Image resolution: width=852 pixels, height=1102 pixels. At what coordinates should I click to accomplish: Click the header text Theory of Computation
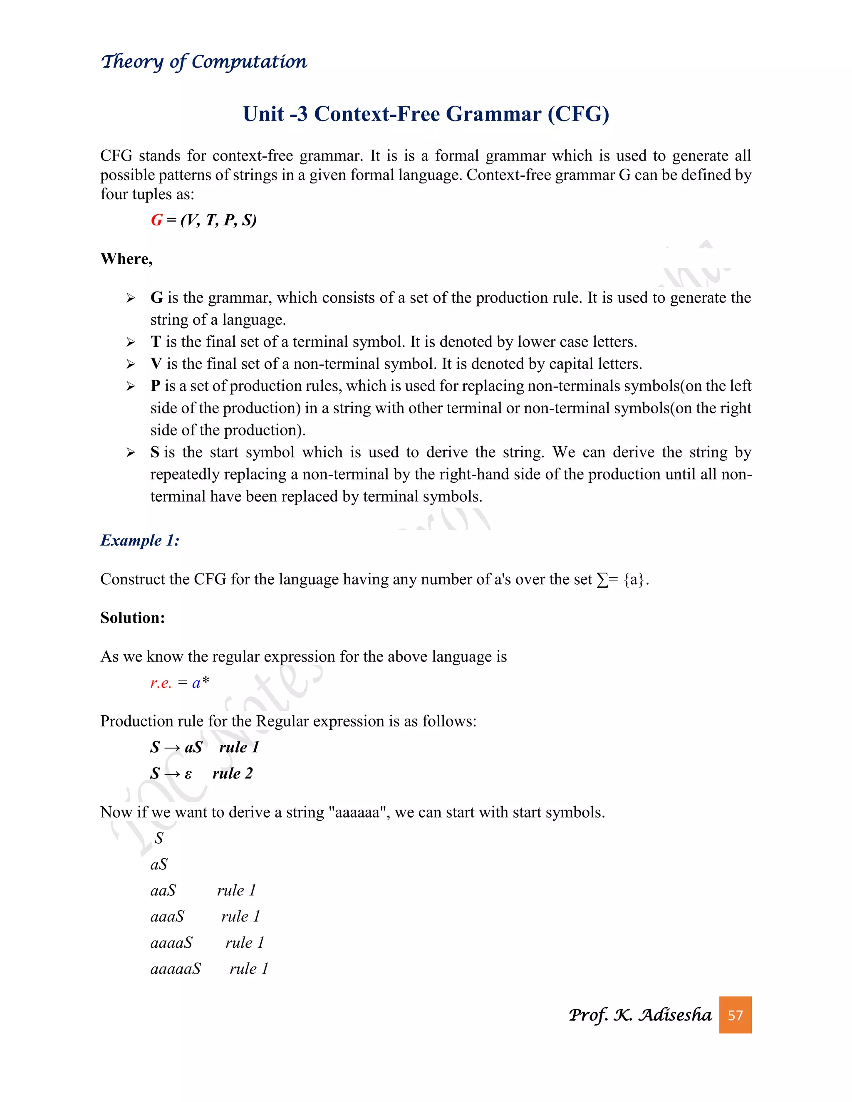point(204,62)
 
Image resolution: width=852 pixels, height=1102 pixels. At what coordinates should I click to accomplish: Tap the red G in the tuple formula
point(156,220)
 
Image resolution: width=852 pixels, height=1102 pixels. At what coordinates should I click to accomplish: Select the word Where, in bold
point(126,259)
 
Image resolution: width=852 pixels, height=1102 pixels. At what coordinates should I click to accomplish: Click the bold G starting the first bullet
point(156,298)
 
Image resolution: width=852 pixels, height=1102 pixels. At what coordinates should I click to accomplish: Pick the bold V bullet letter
point(156,364)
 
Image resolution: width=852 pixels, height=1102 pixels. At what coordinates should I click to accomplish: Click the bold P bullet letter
point(156,386)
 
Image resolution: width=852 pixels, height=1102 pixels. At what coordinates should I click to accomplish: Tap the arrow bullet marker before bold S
point(131,452)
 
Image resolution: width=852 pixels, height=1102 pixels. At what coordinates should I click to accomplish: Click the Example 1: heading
point(140,541)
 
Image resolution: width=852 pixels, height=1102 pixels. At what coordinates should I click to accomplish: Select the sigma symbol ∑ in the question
point(602,580)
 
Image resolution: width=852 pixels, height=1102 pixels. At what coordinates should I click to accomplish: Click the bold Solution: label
point(133,618)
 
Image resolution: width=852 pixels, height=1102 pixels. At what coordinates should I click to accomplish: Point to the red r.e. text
point(161,683)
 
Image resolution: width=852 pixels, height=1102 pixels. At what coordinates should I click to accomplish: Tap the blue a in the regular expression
point(196,683)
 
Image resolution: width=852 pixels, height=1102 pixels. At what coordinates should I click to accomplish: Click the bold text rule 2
point(232,773)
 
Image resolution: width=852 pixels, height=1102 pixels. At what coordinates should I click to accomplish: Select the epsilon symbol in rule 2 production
point(188,774)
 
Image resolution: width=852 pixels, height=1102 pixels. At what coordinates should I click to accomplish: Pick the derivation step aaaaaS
point(176,969)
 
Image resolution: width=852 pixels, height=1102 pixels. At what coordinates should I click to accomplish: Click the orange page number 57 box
point(735,1015)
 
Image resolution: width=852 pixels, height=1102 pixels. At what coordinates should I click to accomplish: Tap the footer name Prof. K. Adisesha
point(639,1015)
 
